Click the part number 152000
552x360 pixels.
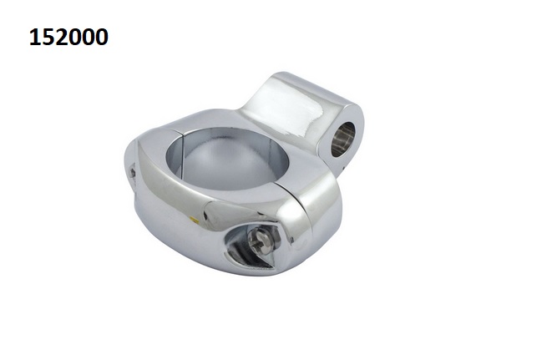68,37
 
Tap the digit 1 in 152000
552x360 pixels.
35,37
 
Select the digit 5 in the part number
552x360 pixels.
48,38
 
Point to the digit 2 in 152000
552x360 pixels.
62,37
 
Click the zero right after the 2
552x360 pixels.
75,38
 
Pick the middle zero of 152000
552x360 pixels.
89,38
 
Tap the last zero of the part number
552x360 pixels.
102,38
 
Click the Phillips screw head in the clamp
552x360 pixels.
261,241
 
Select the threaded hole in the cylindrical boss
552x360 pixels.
343,139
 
